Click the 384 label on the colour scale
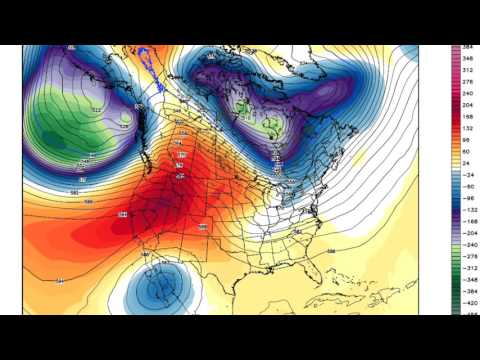pos(465,48)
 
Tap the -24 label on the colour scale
pos(465,176)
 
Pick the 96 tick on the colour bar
pos(465,139)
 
